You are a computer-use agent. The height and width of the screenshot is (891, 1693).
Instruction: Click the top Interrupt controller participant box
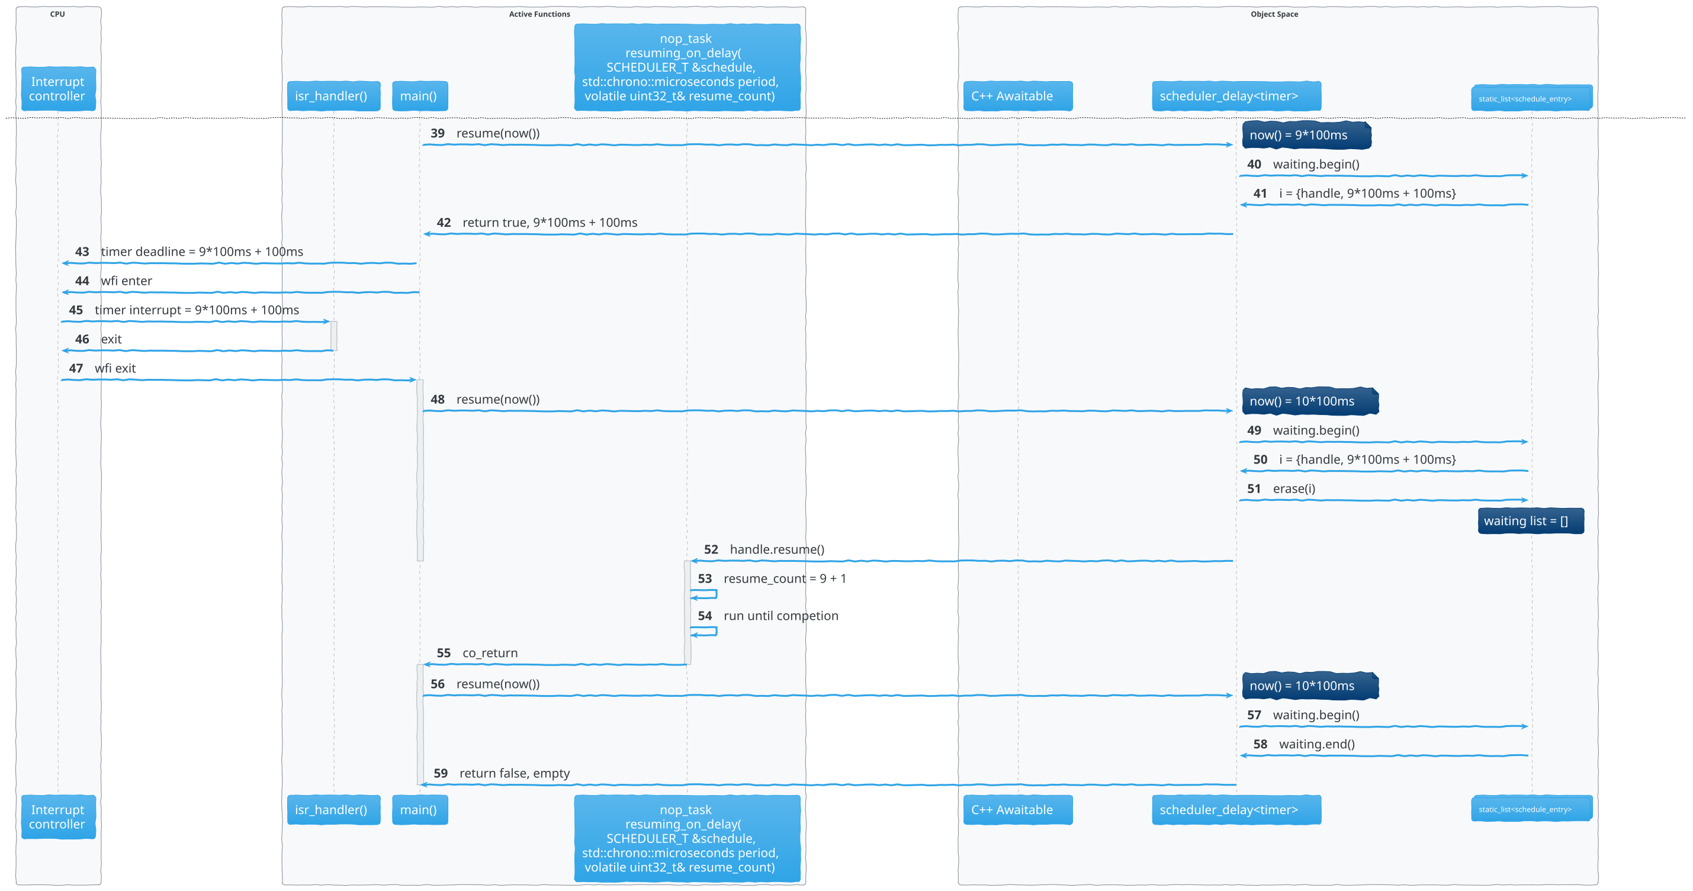[58, 89]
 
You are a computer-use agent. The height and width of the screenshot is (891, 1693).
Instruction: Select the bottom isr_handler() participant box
[333, 809]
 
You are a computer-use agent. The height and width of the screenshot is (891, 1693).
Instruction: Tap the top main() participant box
[419, 96]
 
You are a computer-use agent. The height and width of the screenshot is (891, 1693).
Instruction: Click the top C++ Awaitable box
[1017, 96]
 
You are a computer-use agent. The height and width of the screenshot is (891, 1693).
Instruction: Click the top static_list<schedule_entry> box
[1531, 98]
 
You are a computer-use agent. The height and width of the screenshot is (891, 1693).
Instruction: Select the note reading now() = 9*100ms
[1305, 136]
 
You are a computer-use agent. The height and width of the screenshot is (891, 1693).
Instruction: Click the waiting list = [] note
[1530, 521]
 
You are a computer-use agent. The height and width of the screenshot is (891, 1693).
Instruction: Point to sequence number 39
[438, 133]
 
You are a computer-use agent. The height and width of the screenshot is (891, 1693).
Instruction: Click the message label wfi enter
[126, 281]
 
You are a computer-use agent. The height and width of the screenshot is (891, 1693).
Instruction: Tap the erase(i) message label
[1293, 489]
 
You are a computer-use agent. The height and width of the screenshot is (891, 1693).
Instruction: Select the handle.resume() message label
[776, 549]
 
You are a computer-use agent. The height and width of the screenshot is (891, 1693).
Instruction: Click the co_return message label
[490, 653]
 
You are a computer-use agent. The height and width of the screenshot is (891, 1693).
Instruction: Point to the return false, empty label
[514, 773]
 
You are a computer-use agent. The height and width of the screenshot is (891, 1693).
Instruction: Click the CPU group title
[58, 14]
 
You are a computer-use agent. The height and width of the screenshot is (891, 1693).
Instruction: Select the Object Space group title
[1274, 14]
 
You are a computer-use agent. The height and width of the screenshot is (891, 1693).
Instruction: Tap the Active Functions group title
[539, 14]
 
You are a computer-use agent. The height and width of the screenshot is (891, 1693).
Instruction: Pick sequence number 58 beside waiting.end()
[1260, 744]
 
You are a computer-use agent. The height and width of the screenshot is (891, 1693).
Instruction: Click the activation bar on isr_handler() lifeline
[334, 336]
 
